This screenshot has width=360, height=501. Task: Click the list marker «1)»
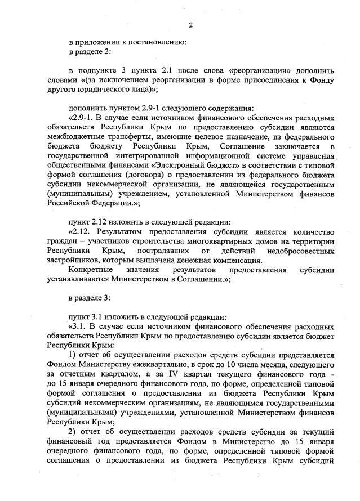(72, 355)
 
